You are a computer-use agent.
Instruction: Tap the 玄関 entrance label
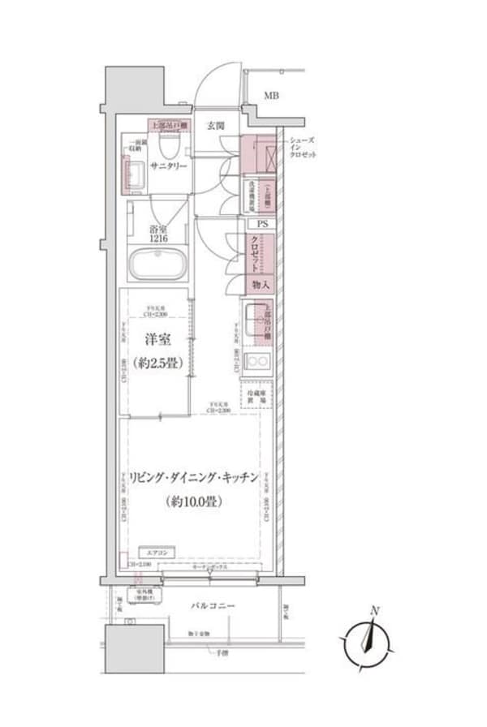215,126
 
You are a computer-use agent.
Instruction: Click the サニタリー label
167,166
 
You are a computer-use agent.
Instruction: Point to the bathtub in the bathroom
158,265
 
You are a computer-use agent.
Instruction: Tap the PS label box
261,224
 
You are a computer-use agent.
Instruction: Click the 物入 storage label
260,285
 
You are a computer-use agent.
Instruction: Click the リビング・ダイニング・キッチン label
192,477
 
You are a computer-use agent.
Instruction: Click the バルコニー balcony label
213,605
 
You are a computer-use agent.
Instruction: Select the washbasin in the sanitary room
134,173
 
